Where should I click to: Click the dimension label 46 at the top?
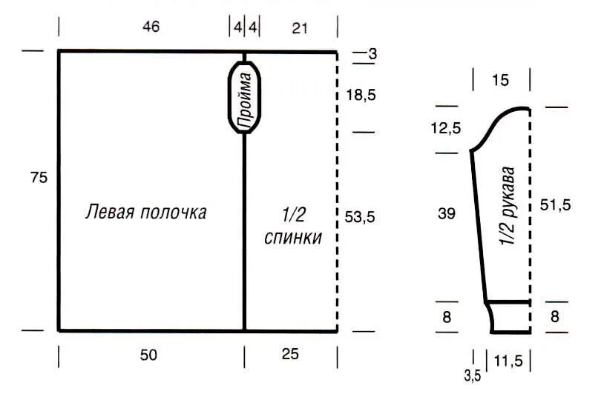(x=151, y=27)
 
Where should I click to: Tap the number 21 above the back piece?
(x=299, y=27)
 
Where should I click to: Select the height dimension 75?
(x=39, y=178)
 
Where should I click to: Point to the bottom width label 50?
(x=151, y=356)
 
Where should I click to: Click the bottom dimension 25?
(x=290, y=356)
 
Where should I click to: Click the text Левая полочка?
(x=146, y=212)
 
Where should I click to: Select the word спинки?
(x=293, y=238)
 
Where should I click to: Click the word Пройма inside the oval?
(x=244, y=97)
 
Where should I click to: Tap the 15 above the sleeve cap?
(x=501, y=80)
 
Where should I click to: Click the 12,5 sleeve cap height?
(x=445, y=128)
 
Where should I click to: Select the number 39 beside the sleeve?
(x=447, y=213)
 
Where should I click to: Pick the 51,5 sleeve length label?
(x=555, y=206)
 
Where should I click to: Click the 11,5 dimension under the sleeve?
(x=508, y=361)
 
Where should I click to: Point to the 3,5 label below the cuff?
(x=473, y=376)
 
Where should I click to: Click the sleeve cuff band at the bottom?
(x=510, y=317)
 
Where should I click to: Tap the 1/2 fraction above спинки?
(x=294, y=214)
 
